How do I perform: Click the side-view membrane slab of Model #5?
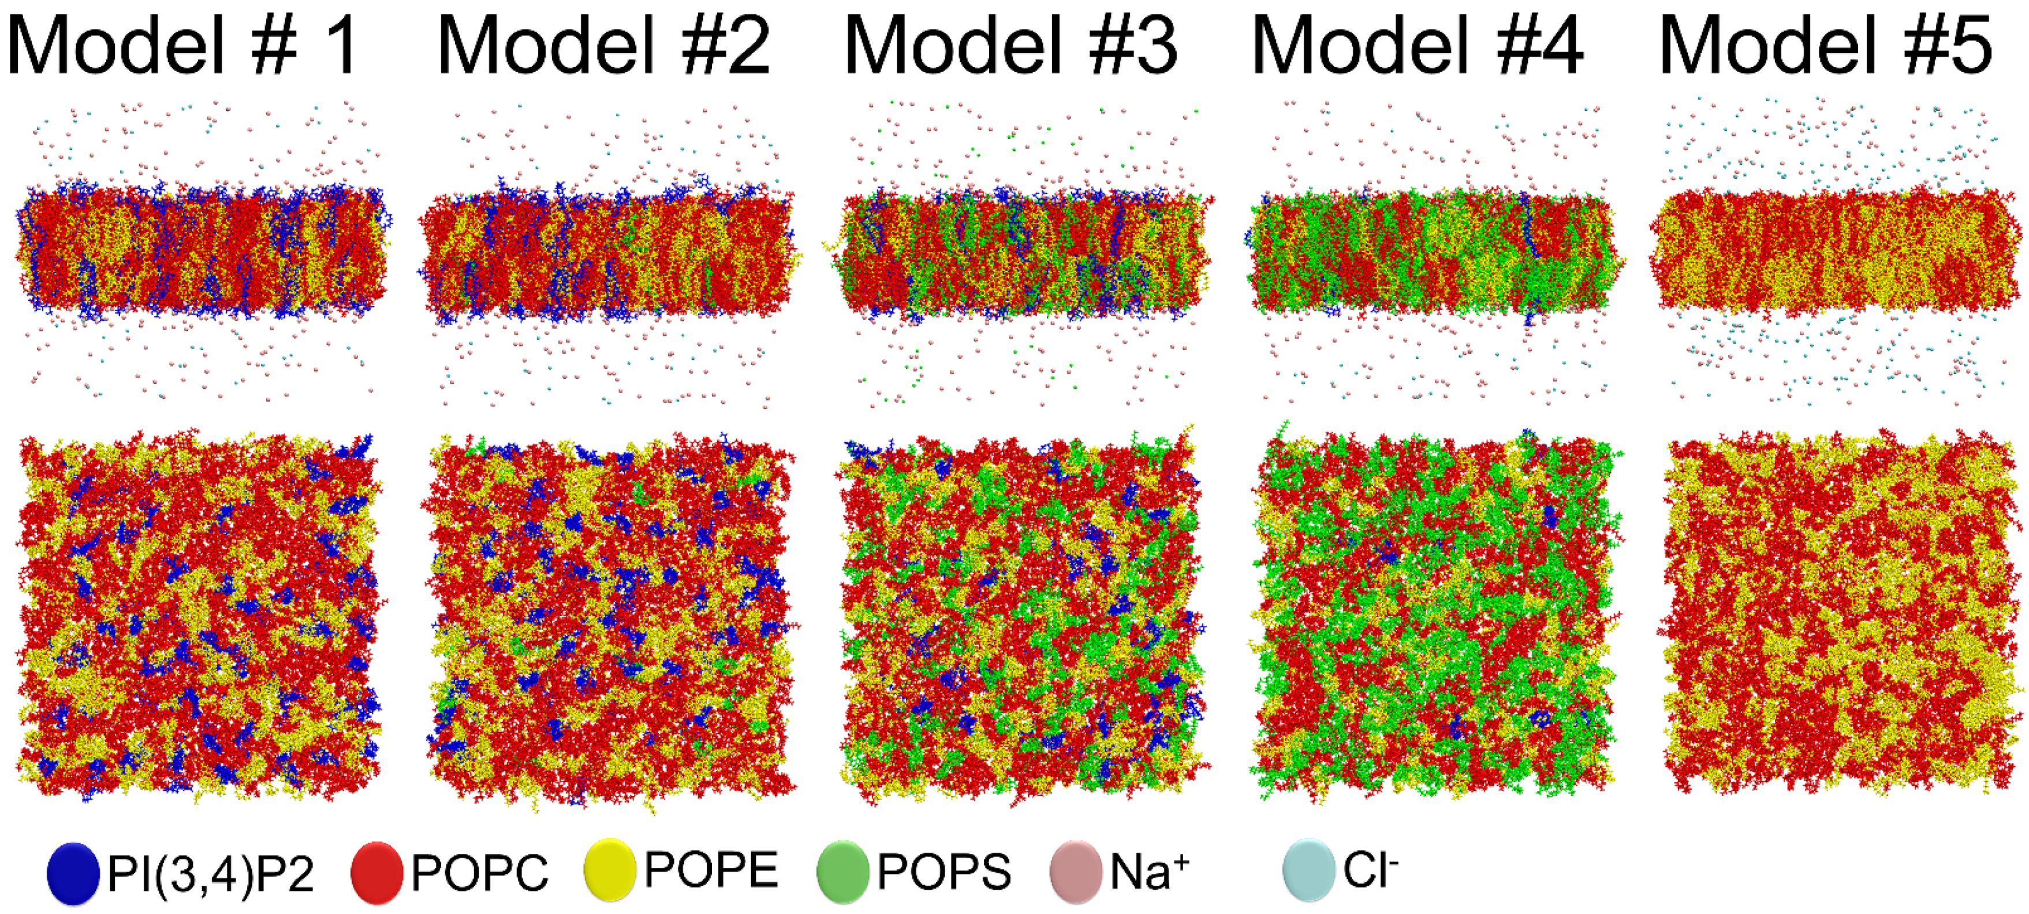[x=1835, y=248]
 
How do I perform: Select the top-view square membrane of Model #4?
[x=1434, y=615]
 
